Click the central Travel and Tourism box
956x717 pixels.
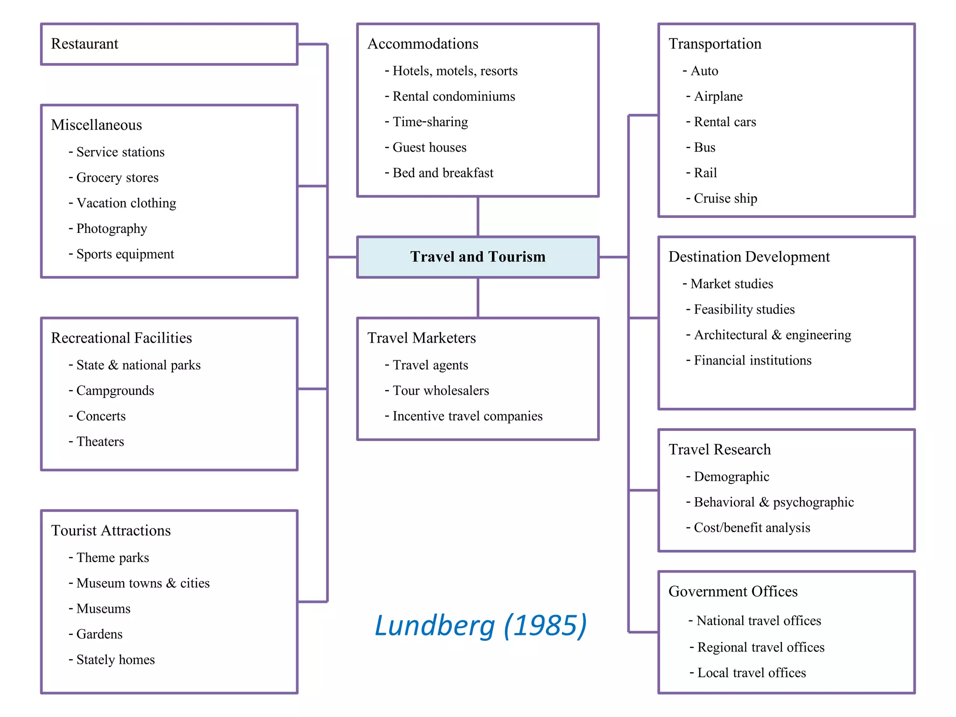478,257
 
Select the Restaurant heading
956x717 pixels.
84,44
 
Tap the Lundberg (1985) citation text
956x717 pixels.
480,626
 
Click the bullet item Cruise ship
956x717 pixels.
725,198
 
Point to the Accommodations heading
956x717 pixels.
422,44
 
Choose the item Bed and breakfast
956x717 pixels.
443,173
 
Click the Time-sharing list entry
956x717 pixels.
430,122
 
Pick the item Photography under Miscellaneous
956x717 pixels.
112,229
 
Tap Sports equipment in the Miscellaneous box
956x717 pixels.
125,254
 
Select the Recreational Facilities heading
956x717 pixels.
121,338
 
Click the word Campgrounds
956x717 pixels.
115,391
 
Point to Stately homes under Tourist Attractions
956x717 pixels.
115,660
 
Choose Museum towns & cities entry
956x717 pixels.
143,583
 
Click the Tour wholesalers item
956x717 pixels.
441,391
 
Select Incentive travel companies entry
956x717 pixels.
467,416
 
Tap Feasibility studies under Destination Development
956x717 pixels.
744,309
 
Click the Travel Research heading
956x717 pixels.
719,450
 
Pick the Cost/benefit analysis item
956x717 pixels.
752,528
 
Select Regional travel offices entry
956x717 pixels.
760,647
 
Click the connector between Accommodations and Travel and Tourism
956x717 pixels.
478,217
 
